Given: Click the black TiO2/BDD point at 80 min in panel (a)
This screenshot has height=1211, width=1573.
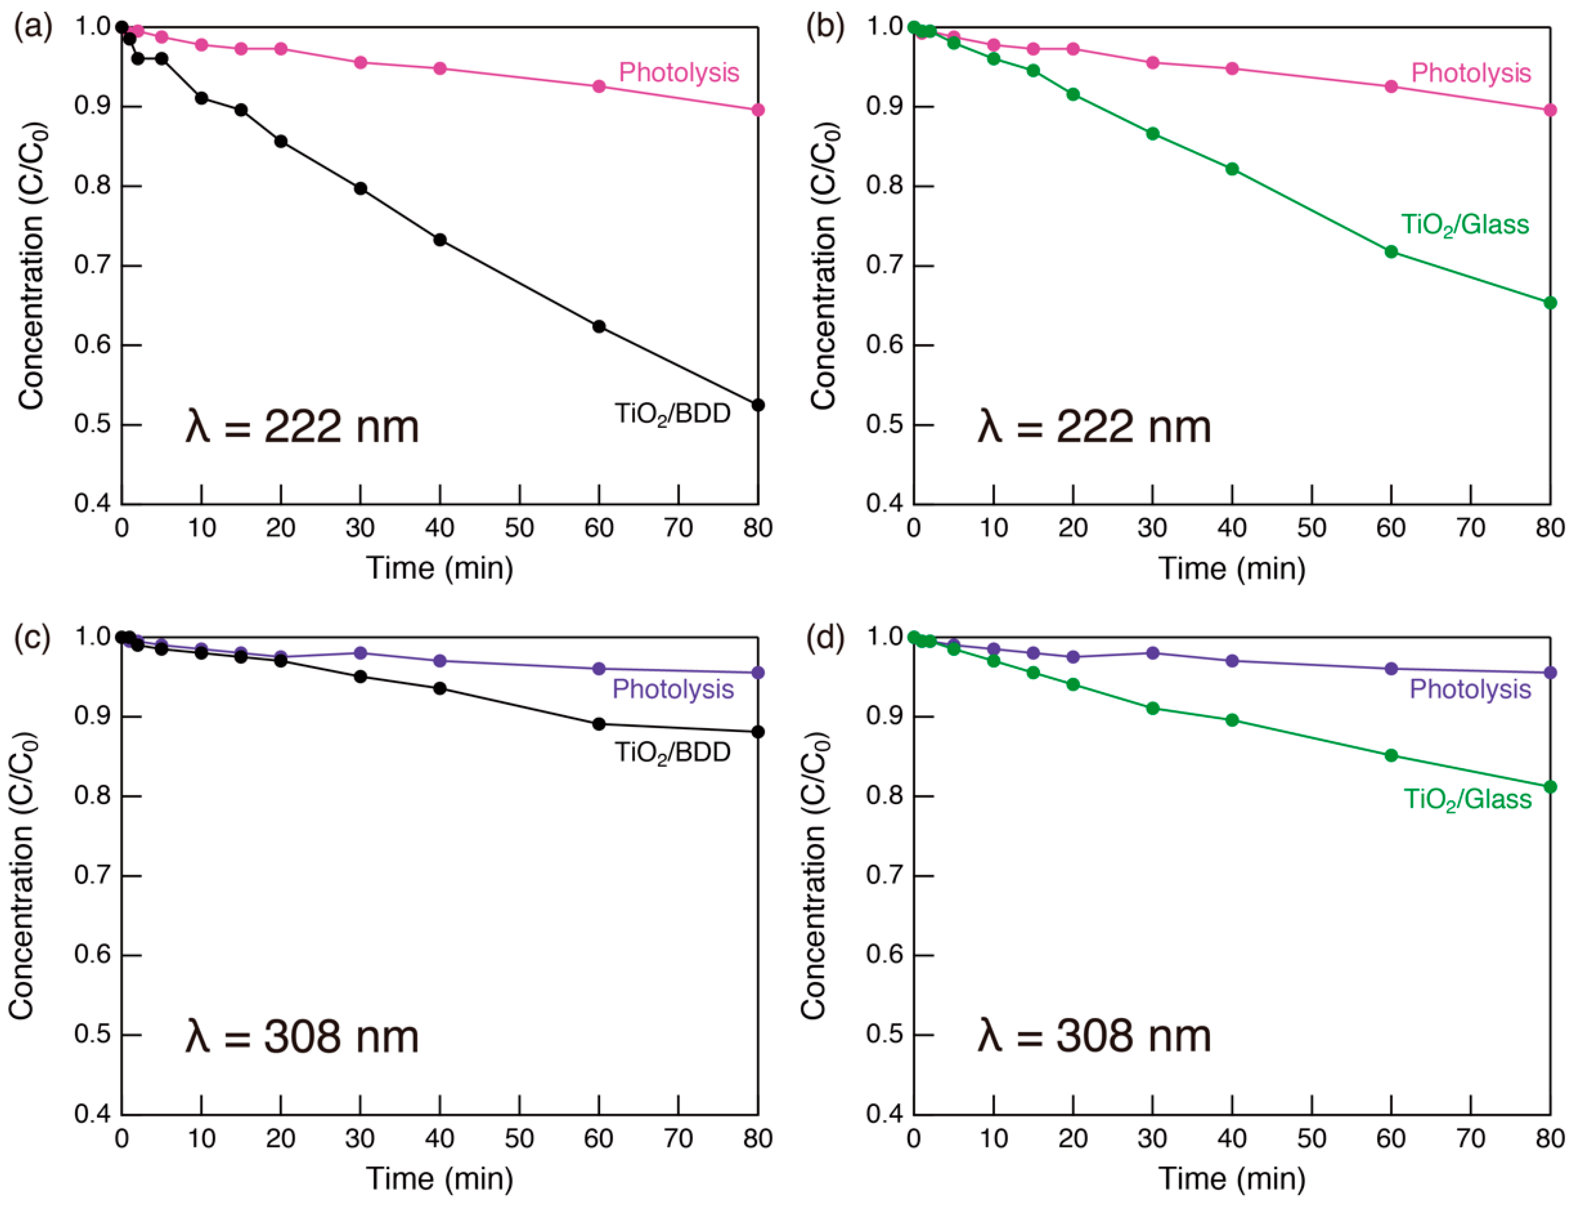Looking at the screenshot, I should point(758,405).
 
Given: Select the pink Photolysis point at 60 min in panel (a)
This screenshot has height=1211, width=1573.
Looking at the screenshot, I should point(598,86).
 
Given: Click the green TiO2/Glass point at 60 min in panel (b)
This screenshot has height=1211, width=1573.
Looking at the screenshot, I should point(1391,251).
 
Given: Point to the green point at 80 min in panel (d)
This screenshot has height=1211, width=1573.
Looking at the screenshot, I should point(1550,787).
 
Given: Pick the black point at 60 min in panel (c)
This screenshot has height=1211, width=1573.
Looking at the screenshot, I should point(598,724).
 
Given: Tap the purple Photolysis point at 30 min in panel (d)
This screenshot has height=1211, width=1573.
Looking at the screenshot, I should point(1152,653).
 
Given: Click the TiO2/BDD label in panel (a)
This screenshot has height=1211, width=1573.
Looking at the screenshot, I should point(672,414).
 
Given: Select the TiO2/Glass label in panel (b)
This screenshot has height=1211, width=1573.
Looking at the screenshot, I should point(1464,225).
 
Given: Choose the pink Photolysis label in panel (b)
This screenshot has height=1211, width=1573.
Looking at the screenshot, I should point(1471,73).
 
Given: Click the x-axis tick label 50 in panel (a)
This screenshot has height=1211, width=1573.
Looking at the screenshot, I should point(519,528).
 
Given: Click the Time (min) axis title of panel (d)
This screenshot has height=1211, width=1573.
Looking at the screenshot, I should point(1232,1179).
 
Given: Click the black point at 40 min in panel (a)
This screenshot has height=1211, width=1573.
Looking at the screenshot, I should point(440,240).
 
